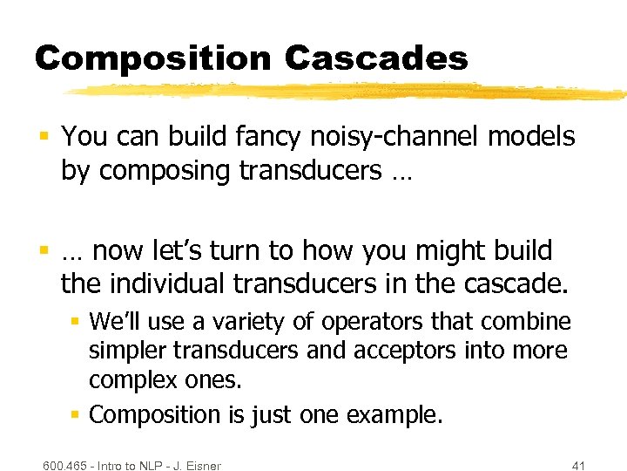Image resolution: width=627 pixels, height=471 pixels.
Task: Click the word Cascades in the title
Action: [376, 58]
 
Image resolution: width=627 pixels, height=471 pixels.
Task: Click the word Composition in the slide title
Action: [153, 58]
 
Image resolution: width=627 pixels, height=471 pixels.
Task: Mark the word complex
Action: [131, 380]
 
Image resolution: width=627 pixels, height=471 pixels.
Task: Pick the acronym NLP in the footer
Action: [145, 466]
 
